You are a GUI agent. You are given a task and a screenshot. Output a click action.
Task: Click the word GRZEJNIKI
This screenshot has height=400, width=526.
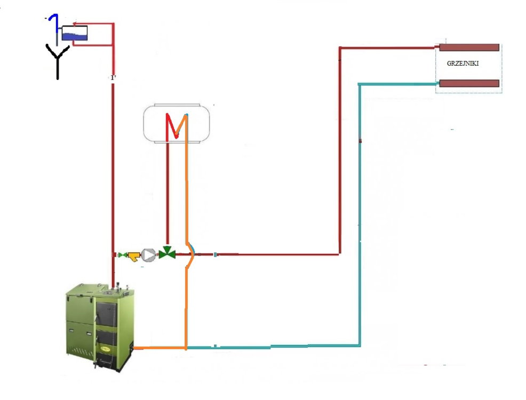point(463,63)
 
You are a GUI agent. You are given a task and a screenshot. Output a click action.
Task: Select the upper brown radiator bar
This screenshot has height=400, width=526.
point(468,47)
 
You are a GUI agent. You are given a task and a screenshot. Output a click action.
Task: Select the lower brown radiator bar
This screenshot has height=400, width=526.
point(468,83)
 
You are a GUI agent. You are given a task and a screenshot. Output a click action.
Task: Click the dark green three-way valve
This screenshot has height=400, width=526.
point(168,253)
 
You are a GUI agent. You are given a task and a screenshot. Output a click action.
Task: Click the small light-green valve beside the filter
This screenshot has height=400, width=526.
point(123,255)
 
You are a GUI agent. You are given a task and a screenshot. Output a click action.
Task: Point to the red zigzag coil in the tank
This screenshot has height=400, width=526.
point(177,127)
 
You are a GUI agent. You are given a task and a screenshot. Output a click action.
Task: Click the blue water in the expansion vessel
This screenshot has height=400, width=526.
point(74,37)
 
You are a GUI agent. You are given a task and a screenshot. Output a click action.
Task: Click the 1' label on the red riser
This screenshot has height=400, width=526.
point(113,78)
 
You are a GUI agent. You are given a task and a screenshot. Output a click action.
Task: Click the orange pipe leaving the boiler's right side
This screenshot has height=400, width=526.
point(160,349)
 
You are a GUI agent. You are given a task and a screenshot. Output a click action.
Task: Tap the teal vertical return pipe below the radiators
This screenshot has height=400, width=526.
point(360,213)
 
